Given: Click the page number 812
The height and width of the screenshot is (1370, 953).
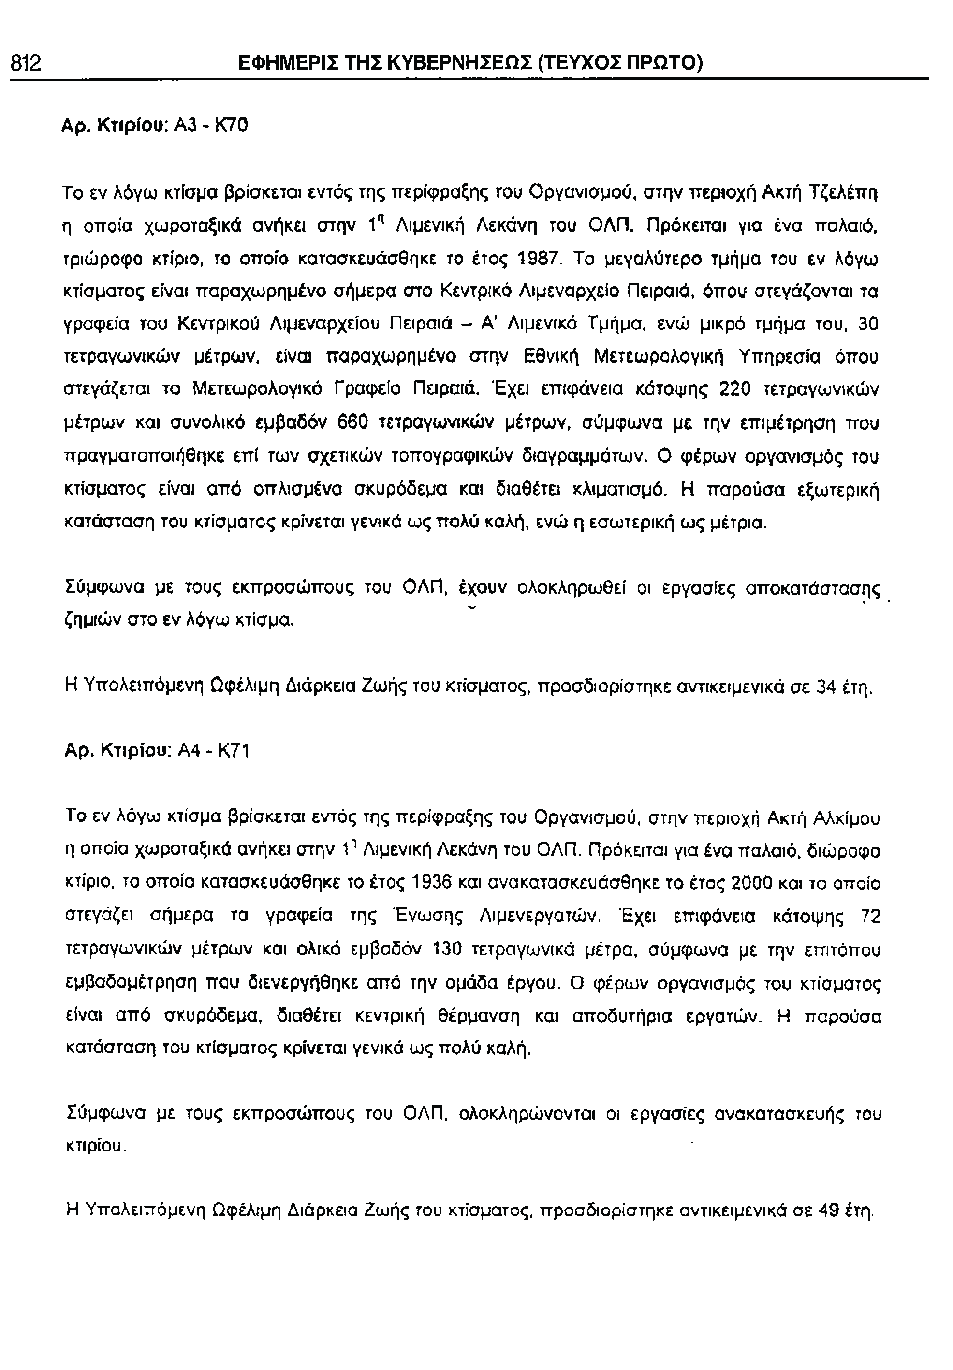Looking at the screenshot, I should (26, 62).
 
